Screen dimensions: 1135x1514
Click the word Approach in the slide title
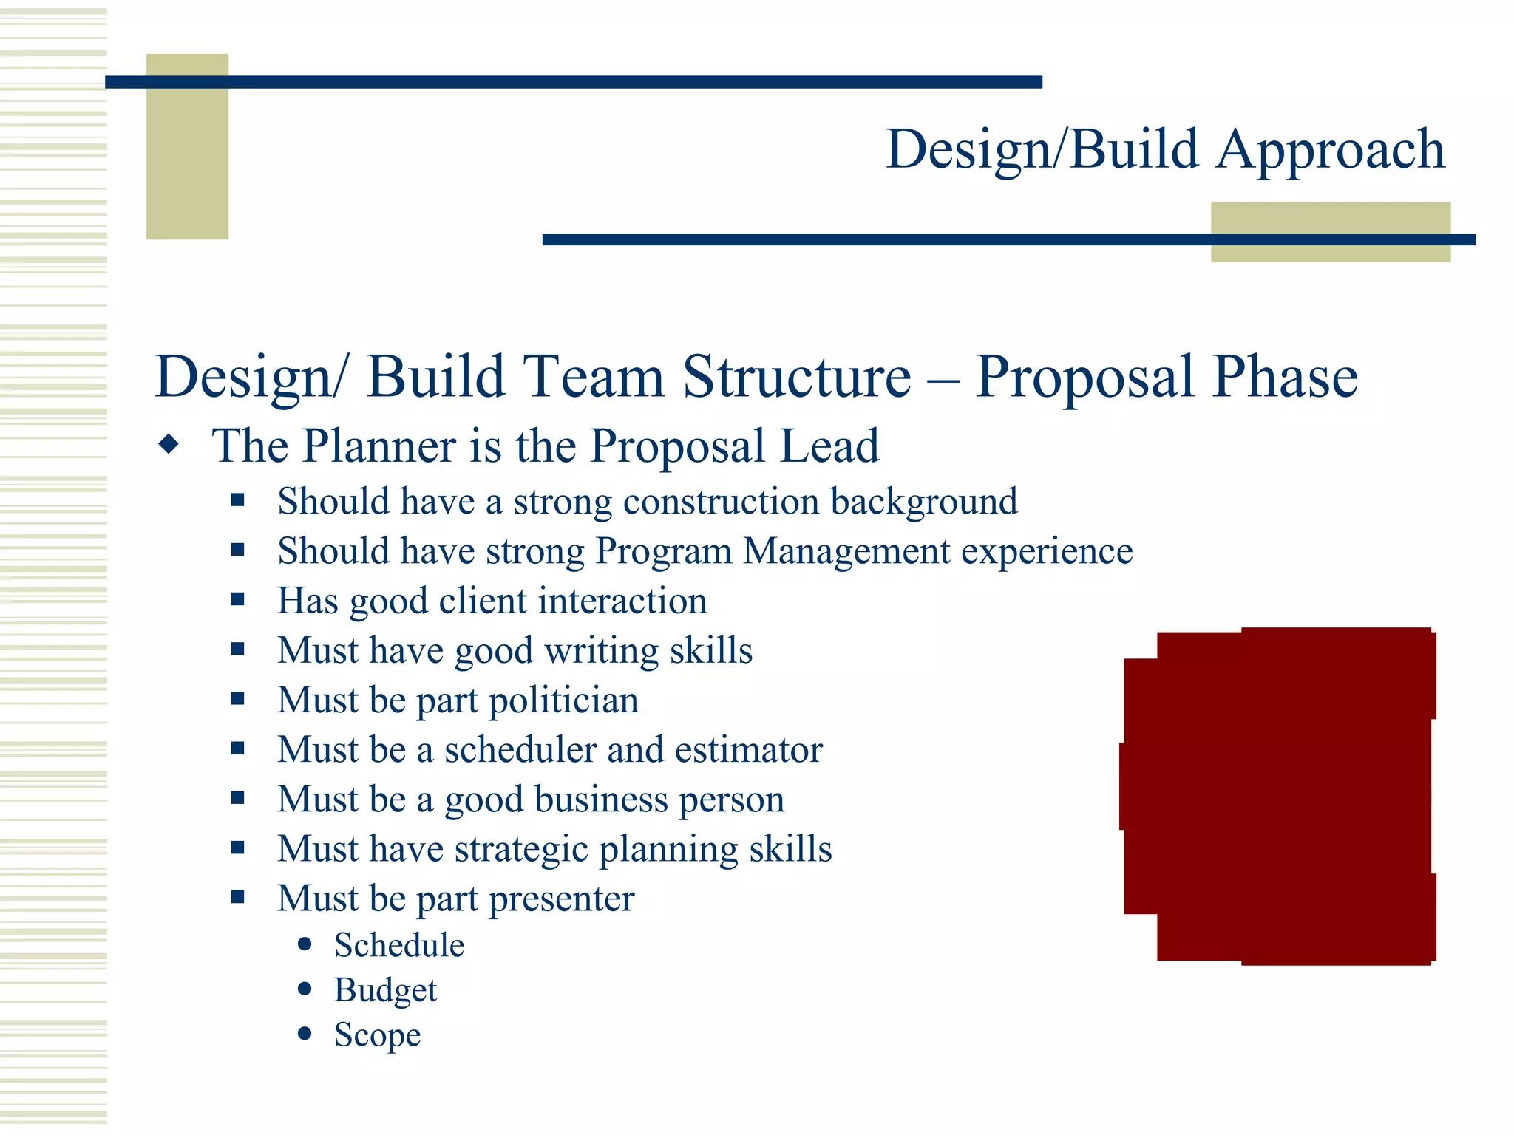1330,150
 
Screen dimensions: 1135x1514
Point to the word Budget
385,990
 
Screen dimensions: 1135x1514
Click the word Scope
377,1035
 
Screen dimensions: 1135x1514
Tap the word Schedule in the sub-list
399,945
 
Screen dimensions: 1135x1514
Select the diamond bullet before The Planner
169,445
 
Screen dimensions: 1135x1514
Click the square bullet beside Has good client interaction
237,599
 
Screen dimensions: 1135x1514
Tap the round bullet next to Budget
305,989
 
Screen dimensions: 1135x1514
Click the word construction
721,502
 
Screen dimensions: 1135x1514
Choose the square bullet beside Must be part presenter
237,897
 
